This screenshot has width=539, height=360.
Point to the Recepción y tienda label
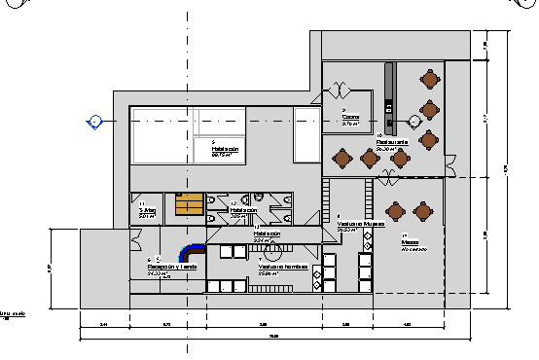173,266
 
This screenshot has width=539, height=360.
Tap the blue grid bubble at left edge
94,121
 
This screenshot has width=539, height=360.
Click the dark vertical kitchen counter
391,97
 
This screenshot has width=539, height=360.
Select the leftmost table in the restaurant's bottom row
341,156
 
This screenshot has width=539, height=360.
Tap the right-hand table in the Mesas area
423,209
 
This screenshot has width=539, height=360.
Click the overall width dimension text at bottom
273,336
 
